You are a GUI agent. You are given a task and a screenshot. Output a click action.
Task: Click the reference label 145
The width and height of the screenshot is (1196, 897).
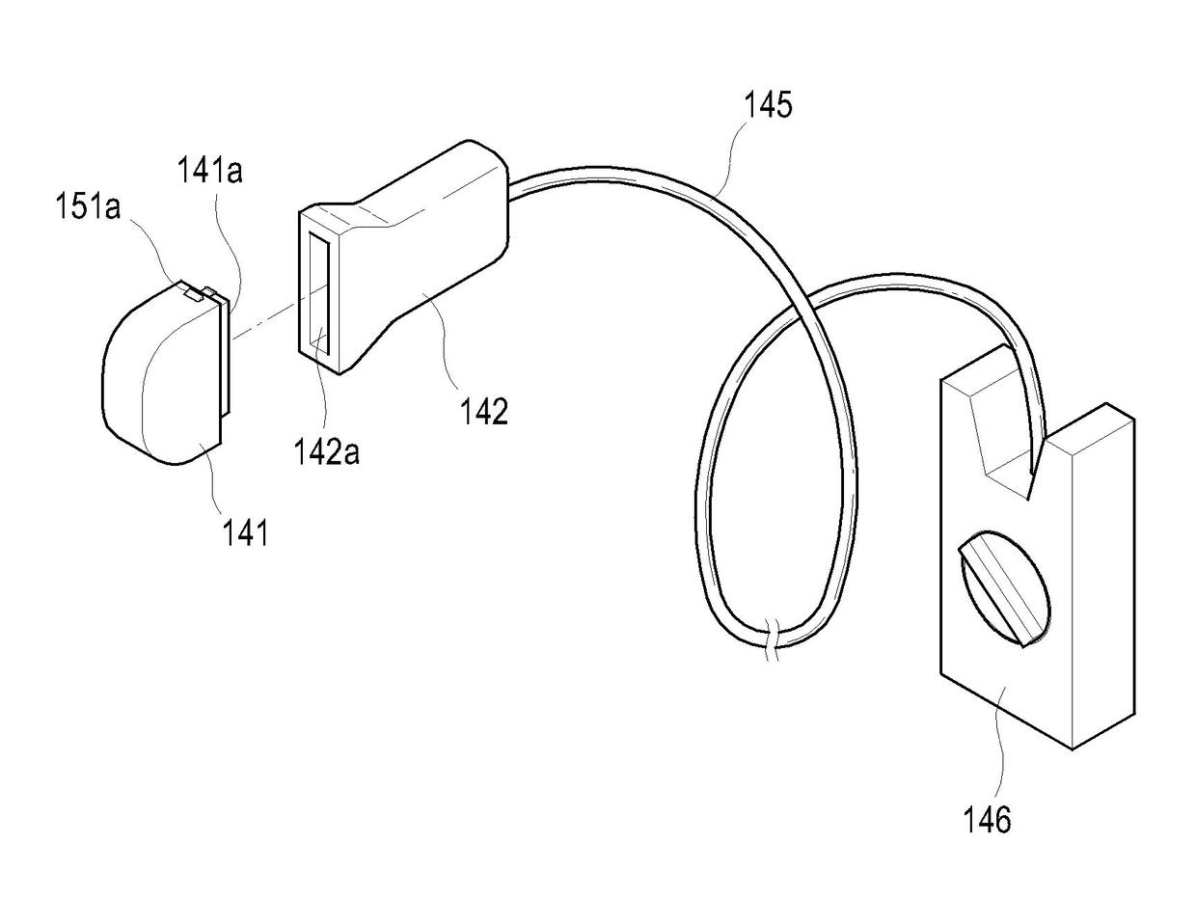pyautogui.click(x=768, y=103)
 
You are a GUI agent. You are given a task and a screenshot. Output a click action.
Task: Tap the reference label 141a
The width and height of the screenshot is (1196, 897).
pyautogui.click(x=209, y=172)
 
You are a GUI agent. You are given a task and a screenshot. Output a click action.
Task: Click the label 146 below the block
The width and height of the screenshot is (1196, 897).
pyautogui.click(x=987, y=820)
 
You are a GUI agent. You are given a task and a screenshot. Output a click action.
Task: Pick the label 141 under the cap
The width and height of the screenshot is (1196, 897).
pyautogui.click(x=245, y=531)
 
